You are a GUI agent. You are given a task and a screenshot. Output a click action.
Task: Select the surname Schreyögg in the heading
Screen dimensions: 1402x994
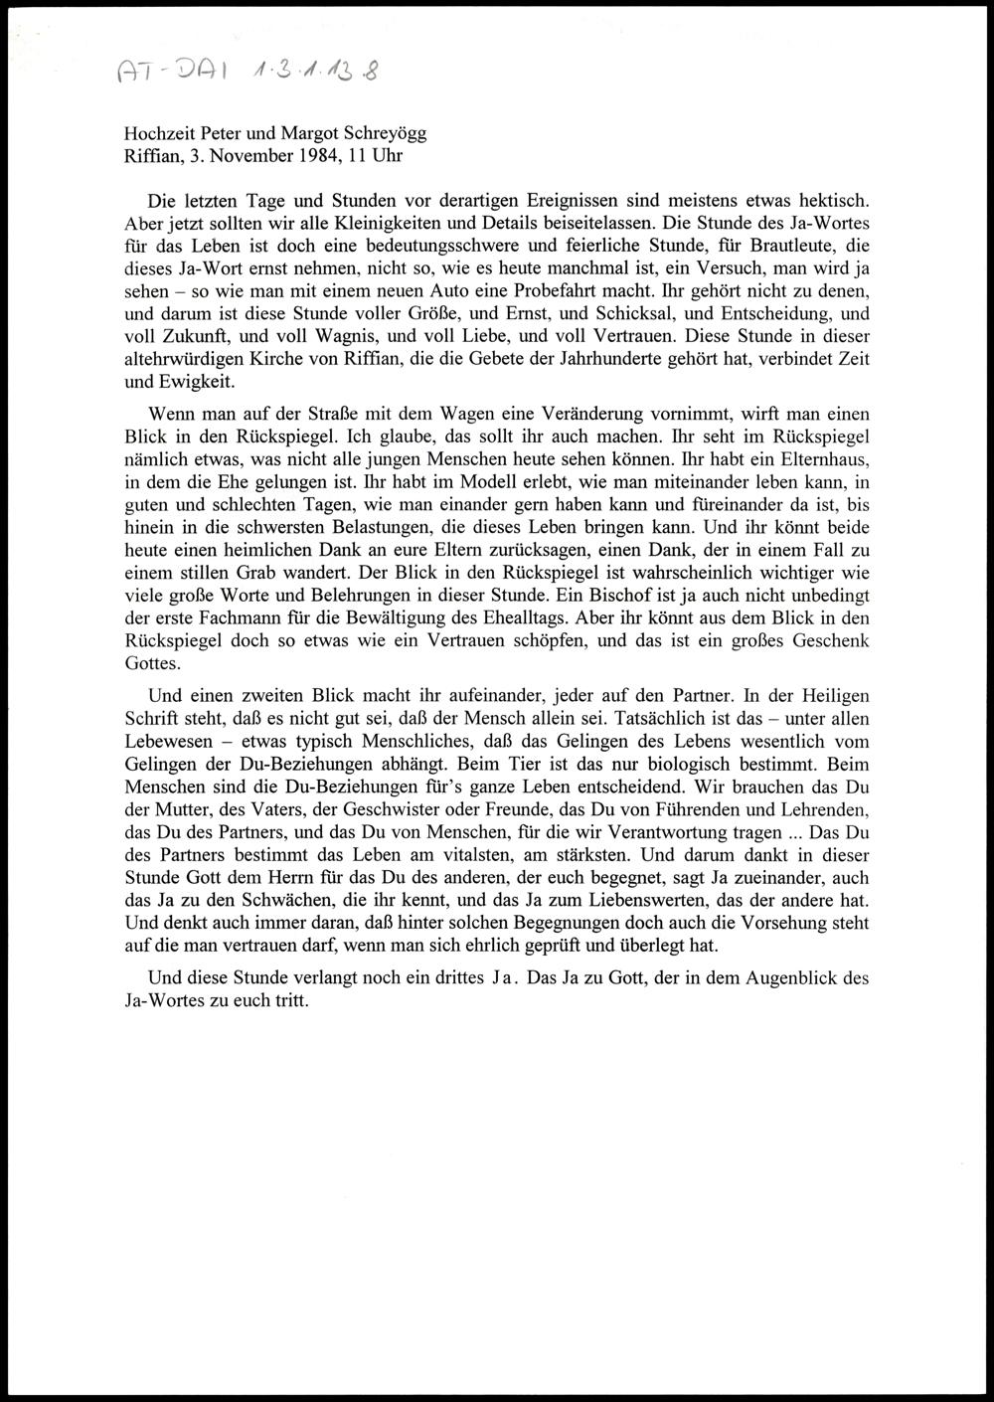(383, 133)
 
